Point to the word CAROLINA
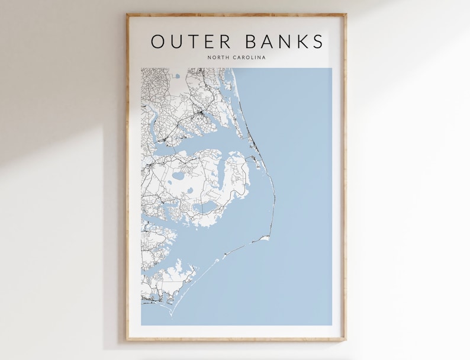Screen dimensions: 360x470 pos(249,57)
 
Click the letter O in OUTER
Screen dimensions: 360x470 pos(158,41)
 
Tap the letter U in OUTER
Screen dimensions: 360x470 pos(176,41)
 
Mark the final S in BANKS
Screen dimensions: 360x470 pos(318,41)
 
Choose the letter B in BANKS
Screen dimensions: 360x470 pos(249,41)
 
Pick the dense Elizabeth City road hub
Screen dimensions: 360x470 pos(202,112)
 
